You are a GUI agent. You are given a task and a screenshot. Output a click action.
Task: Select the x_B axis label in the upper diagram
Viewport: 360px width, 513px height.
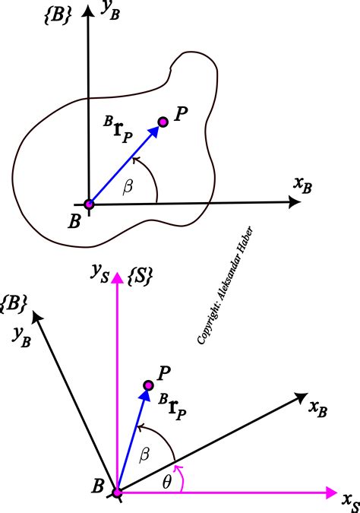[302, 184]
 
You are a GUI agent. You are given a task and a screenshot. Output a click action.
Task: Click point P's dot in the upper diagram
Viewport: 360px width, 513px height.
[163, 122]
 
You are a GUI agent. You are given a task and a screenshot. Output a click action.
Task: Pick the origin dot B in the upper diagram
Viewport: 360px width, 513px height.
[89, 204]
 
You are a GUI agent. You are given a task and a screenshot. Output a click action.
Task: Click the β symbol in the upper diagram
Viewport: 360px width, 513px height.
[127, 185]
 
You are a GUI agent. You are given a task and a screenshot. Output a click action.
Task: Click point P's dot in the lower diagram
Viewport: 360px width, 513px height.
[149, 388]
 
